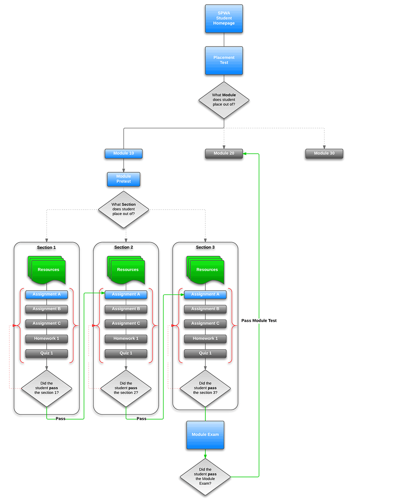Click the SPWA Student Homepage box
tap(224, 19)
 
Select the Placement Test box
tap(224, 61)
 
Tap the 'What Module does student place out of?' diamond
tap(224, 100)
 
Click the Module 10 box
tap(123, 154)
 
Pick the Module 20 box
tap(224, 154)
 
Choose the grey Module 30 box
tap(324, 154)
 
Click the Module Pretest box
tap(123, 179)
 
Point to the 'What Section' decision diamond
tap(123, 210)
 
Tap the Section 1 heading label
tap(46, 248)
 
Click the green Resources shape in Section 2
tap(126, 270)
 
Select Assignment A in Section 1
tap(47, 295)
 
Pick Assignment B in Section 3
tap(205, 309)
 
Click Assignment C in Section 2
tap(126, 324)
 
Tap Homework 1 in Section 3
tap(205, 339)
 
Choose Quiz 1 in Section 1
tap(47, 354)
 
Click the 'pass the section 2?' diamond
tap(126, 388)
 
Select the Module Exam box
tap(205, 435)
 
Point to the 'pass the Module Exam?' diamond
tap(205, 477)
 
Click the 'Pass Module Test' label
tap(259, 321)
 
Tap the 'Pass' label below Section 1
tap(60, 419)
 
